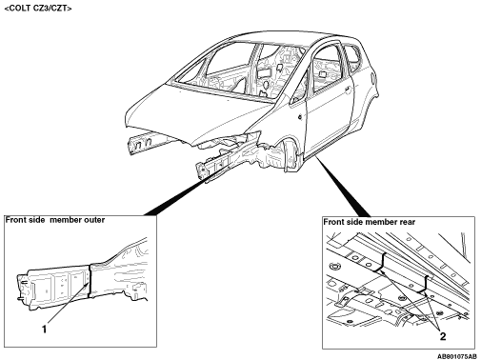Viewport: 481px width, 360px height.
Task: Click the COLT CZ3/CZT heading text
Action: (38, 9)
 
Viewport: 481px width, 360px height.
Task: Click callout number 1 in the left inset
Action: (45, 330)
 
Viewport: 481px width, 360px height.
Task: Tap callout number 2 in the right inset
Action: (443, 336)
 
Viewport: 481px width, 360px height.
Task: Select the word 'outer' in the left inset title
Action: (93, 220)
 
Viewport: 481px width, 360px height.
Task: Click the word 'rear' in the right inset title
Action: (406, 222)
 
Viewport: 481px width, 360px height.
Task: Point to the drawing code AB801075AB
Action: (457, 356)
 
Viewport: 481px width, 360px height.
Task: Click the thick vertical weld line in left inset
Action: (90, 281)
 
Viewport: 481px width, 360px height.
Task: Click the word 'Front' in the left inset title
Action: (16, 220)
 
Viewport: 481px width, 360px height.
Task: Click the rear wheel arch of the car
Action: (369, 105)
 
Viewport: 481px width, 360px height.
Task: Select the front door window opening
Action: (326, 69)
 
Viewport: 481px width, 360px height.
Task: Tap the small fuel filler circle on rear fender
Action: (371, 76)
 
